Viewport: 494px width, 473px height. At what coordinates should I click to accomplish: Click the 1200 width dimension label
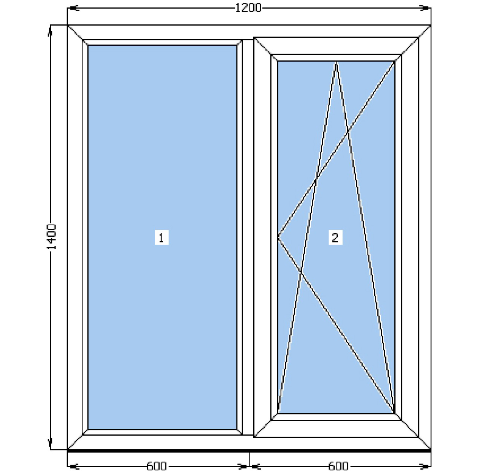pyautogui.click(x=248, y=8)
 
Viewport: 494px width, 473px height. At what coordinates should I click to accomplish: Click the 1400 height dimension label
pyautogui.click(x=52, y=237)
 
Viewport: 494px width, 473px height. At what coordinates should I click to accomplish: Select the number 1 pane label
pyautogui.click(x=162, y=237)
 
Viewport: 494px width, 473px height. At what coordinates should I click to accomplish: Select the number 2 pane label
pyautogui.click(x=335, y=237)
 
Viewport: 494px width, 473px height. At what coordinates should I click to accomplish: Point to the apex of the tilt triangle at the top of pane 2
pyautogui.click(x=336, y=62)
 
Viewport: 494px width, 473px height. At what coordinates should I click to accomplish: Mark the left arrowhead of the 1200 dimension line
pyautogui.click(x=72, y=8)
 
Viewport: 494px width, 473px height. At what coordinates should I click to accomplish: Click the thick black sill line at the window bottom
pyautogui.click(x=249, y=451)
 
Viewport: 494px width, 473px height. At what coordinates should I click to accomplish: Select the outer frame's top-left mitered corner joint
pyautogui.click(x=75, y=32)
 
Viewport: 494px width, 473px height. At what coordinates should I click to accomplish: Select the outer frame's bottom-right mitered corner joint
pyautogui.click(x=425, y=443)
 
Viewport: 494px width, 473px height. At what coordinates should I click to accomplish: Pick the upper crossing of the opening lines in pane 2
pyautogui.click(x=348, y=132)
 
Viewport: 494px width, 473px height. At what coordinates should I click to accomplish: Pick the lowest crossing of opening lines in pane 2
pyautogui.click(x=301, y=272)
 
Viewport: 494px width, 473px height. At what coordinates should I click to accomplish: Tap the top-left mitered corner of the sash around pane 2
pyautogui.click(x=262, y=46)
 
